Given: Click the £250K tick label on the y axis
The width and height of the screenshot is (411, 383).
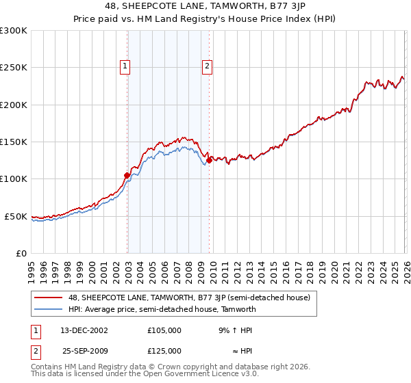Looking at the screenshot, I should click(x=14, y=68).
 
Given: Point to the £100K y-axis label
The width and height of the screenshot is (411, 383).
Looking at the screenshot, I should click(x=14, y=179).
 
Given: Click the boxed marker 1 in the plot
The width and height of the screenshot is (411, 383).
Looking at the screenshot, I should click(x=126, y=66).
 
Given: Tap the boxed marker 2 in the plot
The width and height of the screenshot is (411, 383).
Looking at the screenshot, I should click(x=207, y=66).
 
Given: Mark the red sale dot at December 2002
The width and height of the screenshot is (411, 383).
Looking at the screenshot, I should click(x=127, y=175).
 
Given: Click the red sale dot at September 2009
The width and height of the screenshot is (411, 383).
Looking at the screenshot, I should click(x=209, y=161).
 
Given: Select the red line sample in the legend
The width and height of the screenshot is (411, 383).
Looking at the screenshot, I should click(x=49, y=298).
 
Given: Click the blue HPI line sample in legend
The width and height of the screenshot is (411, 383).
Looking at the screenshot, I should click(x=49, y=309).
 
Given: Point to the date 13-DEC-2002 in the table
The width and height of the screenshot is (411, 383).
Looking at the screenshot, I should click(x=84, y=330).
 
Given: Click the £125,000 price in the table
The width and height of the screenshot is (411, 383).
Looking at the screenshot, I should click(x=164, y=350).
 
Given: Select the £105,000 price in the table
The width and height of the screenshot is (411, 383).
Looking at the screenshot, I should click(x=164, y=330).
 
